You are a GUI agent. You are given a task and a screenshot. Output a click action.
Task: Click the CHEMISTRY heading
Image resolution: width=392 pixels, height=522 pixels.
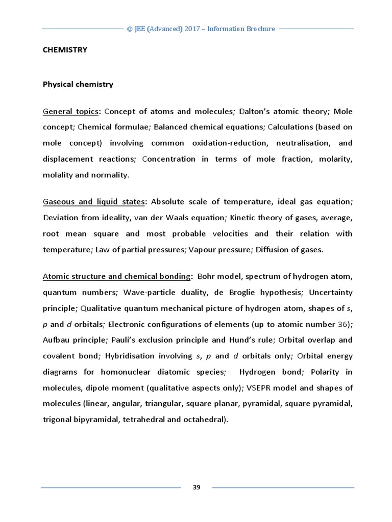65,50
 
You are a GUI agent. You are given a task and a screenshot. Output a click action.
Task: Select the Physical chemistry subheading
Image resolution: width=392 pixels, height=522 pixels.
78,85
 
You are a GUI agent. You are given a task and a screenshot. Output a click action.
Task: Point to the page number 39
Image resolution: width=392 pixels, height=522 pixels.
197,487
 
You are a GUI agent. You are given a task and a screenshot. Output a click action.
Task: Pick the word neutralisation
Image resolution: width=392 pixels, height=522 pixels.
302,143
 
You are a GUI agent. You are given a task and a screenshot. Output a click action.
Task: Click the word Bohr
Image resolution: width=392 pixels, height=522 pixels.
206,276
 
